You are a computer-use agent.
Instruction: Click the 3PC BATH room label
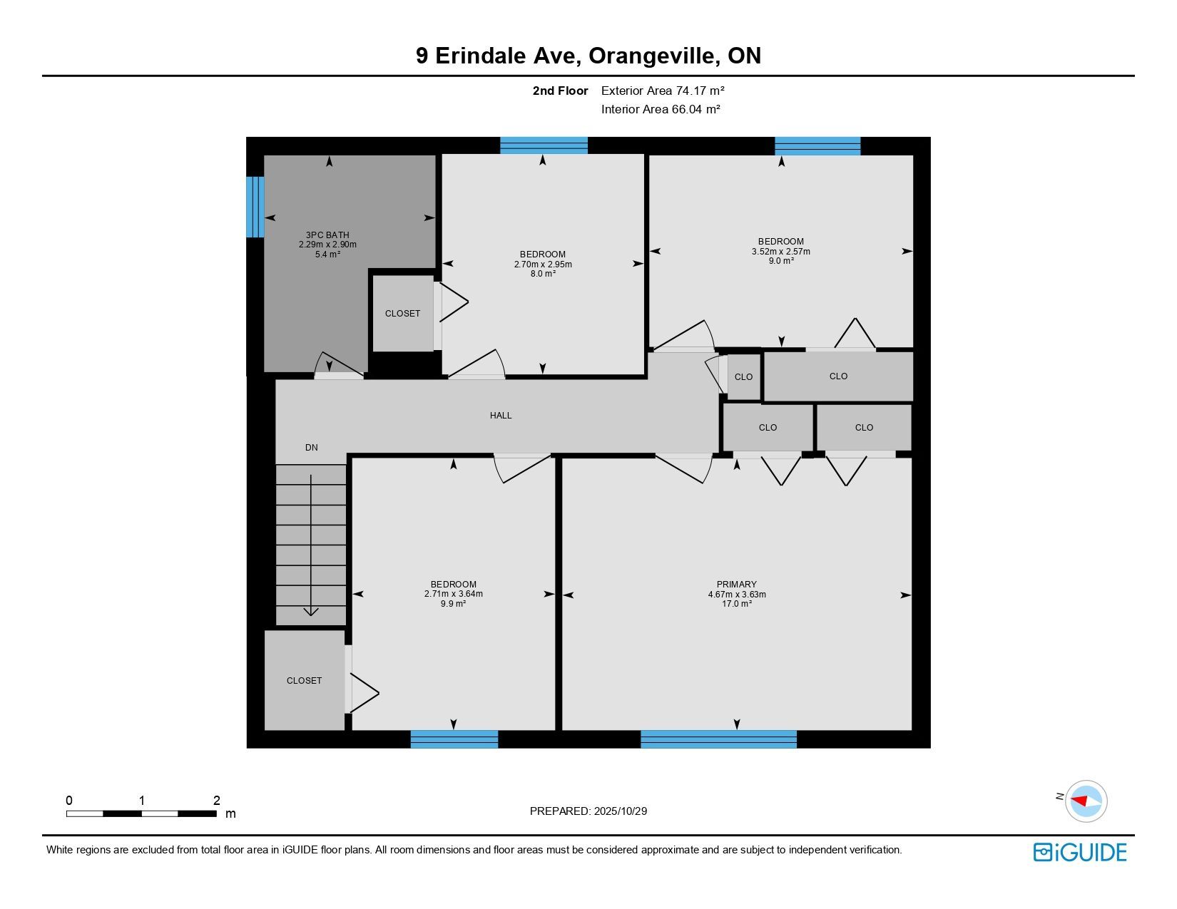327,235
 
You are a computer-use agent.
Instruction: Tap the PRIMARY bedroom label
736,584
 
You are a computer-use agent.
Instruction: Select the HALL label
501,415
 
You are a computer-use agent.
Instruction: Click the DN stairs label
312,447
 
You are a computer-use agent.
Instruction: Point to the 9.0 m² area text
780,260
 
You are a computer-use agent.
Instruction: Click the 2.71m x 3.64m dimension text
454,593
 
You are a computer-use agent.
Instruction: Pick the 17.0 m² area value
736,604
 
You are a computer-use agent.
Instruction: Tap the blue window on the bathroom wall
255,207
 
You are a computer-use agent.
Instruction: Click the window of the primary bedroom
718,739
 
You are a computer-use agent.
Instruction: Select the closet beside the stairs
305,680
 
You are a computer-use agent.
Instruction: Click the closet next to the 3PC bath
402,313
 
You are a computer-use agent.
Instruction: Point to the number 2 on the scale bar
217,800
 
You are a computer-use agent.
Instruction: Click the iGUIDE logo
1079,852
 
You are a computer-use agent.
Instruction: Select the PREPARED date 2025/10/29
620,811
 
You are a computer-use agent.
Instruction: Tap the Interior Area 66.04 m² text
661,109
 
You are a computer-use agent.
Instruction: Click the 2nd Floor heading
560,91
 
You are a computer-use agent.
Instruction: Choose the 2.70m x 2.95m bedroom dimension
543,265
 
